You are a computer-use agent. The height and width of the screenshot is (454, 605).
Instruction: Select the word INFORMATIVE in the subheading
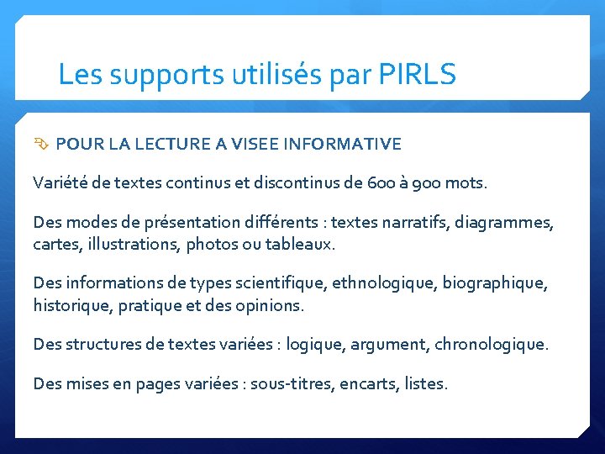(x=343, y=145)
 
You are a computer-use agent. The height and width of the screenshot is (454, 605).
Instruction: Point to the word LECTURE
(x=171, y=145)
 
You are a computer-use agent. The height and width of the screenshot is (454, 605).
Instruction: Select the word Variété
(x=58, y=182)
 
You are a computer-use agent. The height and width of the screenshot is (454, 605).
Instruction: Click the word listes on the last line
(x=426, y=384)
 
